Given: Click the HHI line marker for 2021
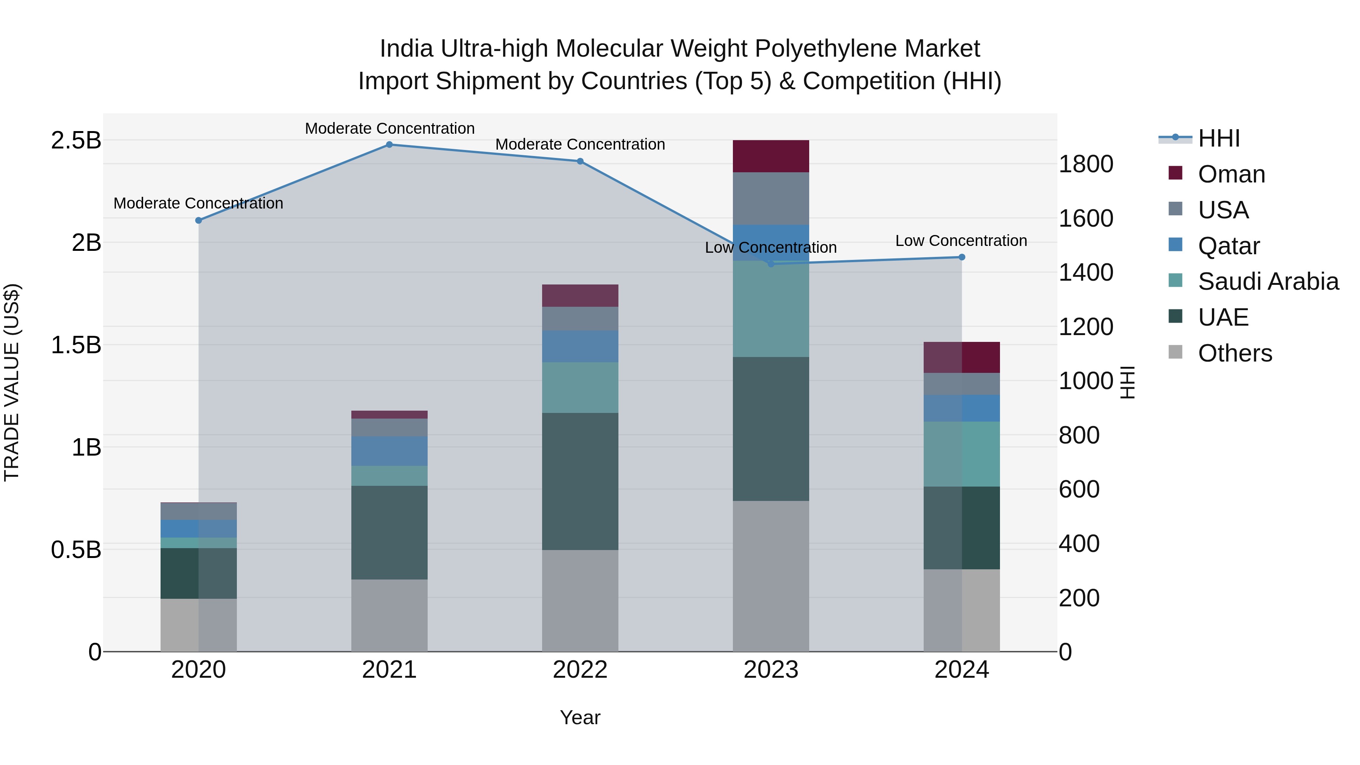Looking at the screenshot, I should pos(389,145).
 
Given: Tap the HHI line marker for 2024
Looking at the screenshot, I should pos(961,257).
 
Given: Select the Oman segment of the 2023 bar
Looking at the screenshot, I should pos(771,156).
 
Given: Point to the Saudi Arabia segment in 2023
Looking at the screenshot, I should pos(771,309).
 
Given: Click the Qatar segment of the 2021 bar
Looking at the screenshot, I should pos(389,451).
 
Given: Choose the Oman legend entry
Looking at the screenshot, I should pos(1231,174).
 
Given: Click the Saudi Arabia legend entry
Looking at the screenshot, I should pos(1267,281).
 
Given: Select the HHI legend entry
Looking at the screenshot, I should pos(1218,138).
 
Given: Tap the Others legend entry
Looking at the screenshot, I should pos(1234,353).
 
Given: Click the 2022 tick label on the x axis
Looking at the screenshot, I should pos(580,670).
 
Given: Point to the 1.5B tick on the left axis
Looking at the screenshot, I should pos(76,345).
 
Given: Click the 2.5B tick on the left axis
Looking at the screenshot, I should pos(76,141).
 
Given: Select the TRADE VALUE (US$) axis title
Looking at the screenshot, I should pos(12,382).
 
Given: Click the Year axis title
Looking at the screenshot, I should pos(580,717).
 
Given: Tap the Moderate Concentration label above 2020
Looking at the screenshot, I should pos(198,203).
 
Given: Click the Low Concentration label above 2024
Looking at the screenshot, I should pos(961,241).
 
